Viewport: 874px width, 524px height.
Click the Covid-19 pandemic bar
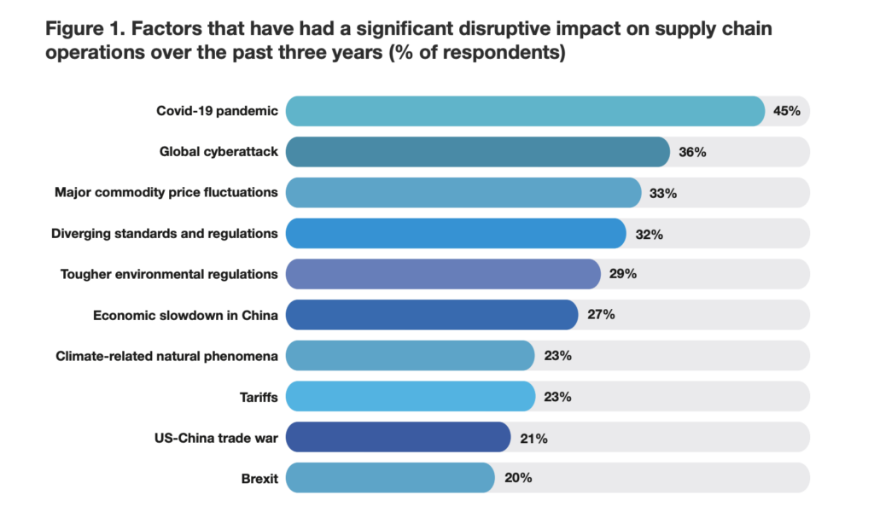(x=525, y=111)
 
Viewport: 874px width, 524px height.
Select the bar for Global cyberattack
(x=477, y=152)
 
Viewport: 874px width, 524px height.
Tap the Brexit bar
(x=390, y=478)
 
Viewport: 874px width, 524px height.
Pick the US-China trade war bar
(x=398, y=437)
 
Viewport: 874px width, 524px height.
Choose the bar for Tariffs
(x=410, y=396)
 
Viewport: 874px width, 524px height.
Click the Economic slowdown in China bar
(x=432, y=315)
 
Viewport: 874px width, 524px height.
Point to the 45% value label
(x=786, y=111)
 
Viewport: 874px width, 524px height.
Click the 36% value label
(x=692, y=152)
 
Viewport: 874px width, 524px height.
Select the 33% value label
(x=663, y=193)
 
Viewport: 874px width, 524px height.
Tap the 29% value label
(x=623, y=274)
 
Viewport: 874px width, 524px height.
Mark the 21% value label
(x=533, y=438)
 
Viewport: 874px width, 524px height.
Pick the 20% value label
(x=518, y=478)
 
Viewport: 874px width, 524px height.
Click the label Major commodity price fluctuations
(x=166, y=192)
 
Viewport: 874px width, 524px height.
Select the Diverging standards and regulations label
(x=165, y=233)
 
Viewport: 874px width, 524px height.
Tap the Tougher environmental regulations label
(x=169, y=274)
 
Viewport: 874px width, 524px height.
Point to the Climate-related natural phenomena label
(x=167, y=356)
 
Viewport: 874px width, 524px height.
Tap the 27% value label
(x=601, y=315)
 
